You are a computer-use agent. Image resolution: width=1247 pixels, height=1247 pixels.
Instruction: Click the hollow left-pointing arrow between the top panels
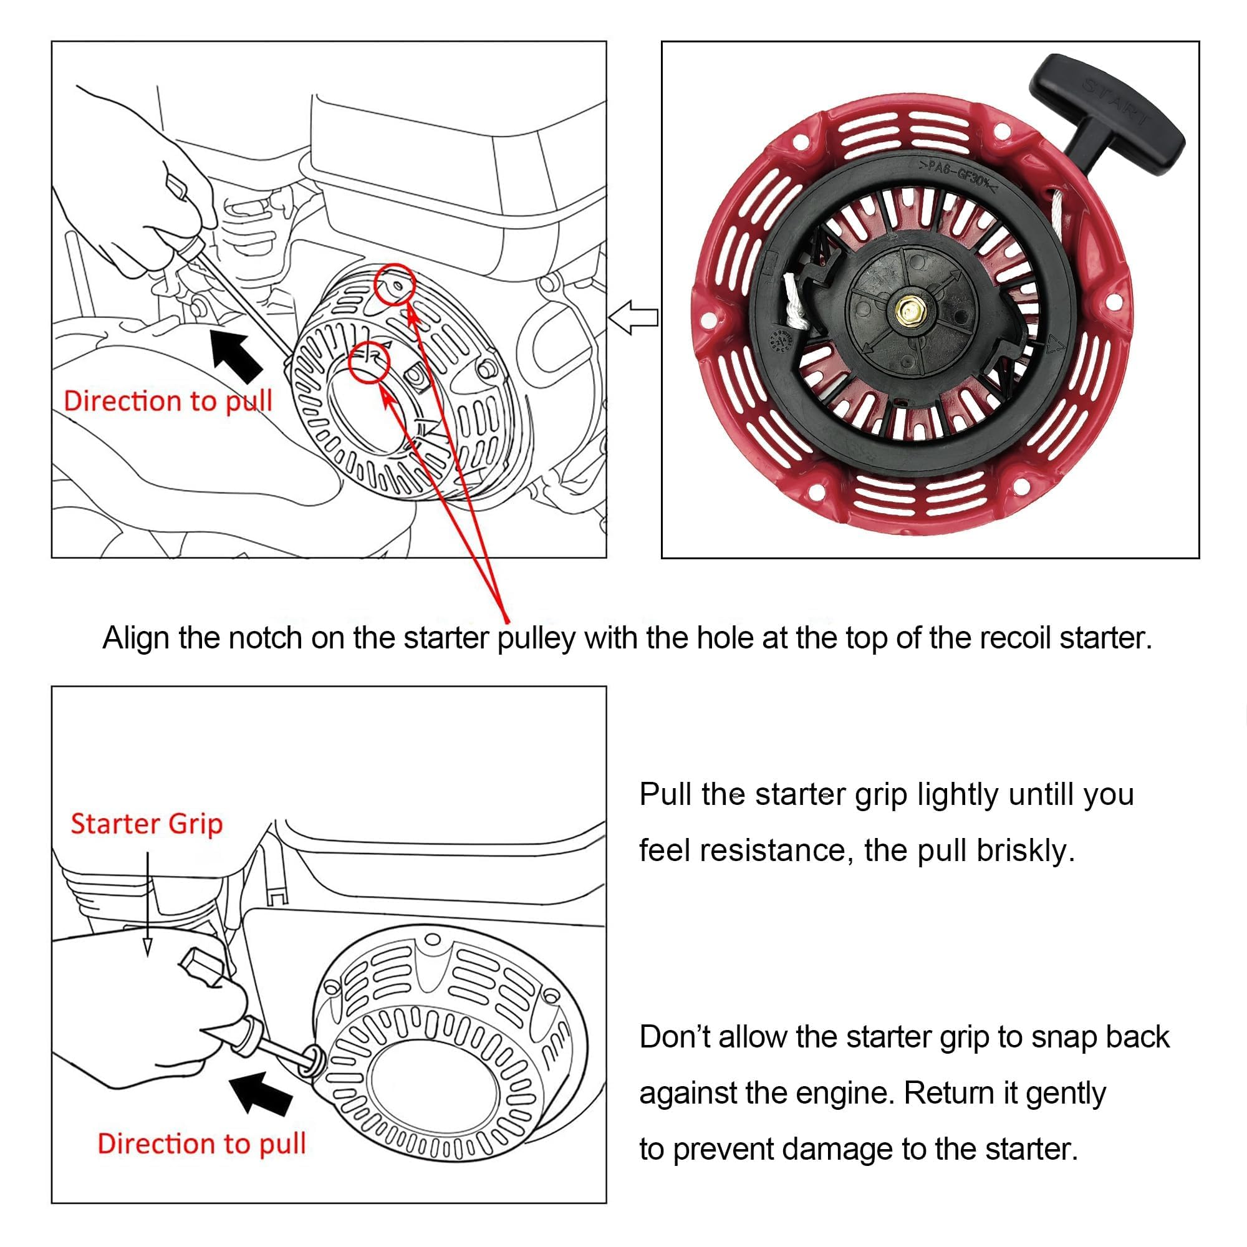(x=634, y=317)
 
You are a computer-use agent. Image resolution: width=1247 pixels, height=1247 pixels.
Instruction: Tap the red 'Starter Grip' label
(x=147, y=824)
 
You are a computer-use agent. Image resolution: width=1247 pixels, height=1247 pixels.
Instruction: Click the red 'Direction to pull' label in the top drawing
(x=168, y=402)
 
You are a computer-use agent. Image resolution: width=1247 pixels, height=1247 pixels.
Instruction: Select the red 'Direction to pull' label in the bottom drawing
(x=201, y=1143)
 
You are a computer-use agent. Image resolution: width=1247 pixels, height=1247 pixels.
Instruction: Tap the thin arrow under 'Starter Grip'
(x=148, y=903)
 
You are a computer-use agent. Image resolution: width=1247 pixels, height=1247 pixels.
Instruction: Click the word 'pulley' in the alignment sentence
(x=536, y=638)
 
